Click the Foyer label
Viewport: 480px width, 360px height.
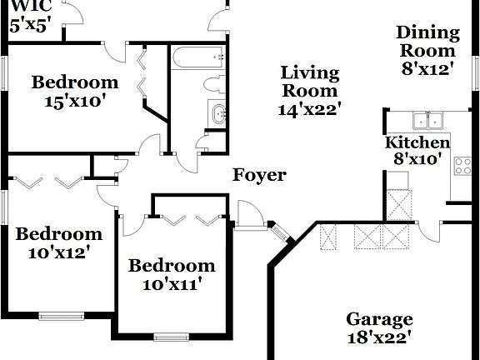[258, 175]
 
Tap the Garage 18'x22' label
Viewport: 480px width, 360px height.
[379, 328]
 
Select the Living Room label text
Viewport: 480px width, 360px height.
[309, 90]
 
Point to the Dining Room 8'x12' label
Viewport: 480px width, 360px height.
[427, 51]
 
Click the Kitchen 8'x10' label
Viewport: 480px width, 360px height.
[417, 150]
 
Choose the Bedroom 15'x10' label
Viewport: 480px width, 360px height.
[75, 91]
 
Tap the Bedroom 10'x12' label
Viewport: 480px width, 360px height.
[58, 242]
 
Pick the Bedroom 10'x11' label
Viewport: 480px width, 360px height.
[171, 274]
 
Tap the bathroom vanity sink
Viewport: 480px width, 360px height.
[217, 114]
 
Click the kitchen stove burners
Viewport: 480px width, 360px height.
[462, 166]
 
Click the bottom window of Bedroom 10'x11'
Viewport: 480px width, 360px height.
[172, 337]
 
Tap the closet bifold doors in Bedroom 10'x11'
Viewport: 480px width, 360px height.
[189, 219]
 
